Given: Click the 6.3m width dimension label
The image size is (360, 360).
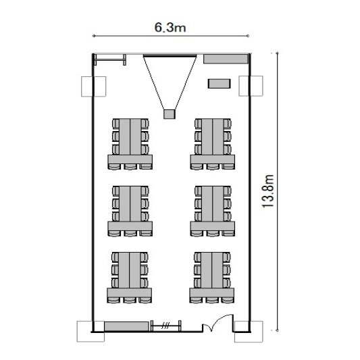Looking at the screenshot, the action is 170,27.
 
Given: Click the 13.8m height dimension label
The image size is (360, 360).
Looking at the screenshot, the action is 268,191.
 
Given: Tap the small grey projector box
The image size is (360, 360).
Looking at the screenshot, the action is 170,114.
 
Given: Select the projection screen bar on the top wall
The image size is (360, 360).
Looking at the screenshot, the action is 170,55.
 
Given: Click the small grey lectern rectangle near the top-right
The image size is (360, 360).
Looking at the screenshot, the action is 220,84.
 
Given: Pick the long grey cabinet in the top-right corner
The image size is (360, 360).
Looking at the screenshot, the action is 226,59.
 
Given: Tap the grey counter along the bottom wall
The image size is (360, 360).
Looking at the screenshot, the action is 126,326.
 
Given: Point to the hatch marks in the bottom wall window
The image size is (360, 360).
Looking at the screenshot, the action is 165,326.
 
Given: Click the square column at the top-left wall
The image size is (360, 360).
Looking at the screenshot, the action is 94,86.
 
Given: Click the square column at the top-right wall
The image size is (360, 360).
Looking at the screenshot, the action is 251,86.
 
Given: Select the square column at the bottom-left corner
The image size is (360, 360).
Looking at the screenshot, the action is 91,332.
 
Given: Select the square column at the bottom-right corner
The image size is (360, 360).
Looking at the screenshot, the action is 249,332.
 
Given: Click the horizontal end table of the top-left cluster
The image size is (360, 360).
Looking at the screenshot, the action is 130,159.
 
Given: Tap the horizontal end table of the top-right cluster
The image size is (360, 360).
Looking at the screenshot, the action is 213,159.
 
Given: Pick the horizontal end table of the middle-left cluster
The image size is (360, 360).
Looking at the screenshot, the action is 130,226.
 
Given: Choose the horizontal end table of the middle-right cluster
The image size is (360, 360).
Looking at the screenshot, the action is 213,226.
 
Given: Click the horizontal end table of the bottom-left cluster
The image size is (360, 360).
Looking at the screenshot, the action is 129,292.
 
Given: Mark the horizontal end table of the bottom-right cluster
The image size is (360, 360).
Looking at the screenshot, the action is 212,292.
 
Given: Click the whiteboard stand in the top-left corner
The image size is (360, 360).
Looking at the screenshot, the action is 110,60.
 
